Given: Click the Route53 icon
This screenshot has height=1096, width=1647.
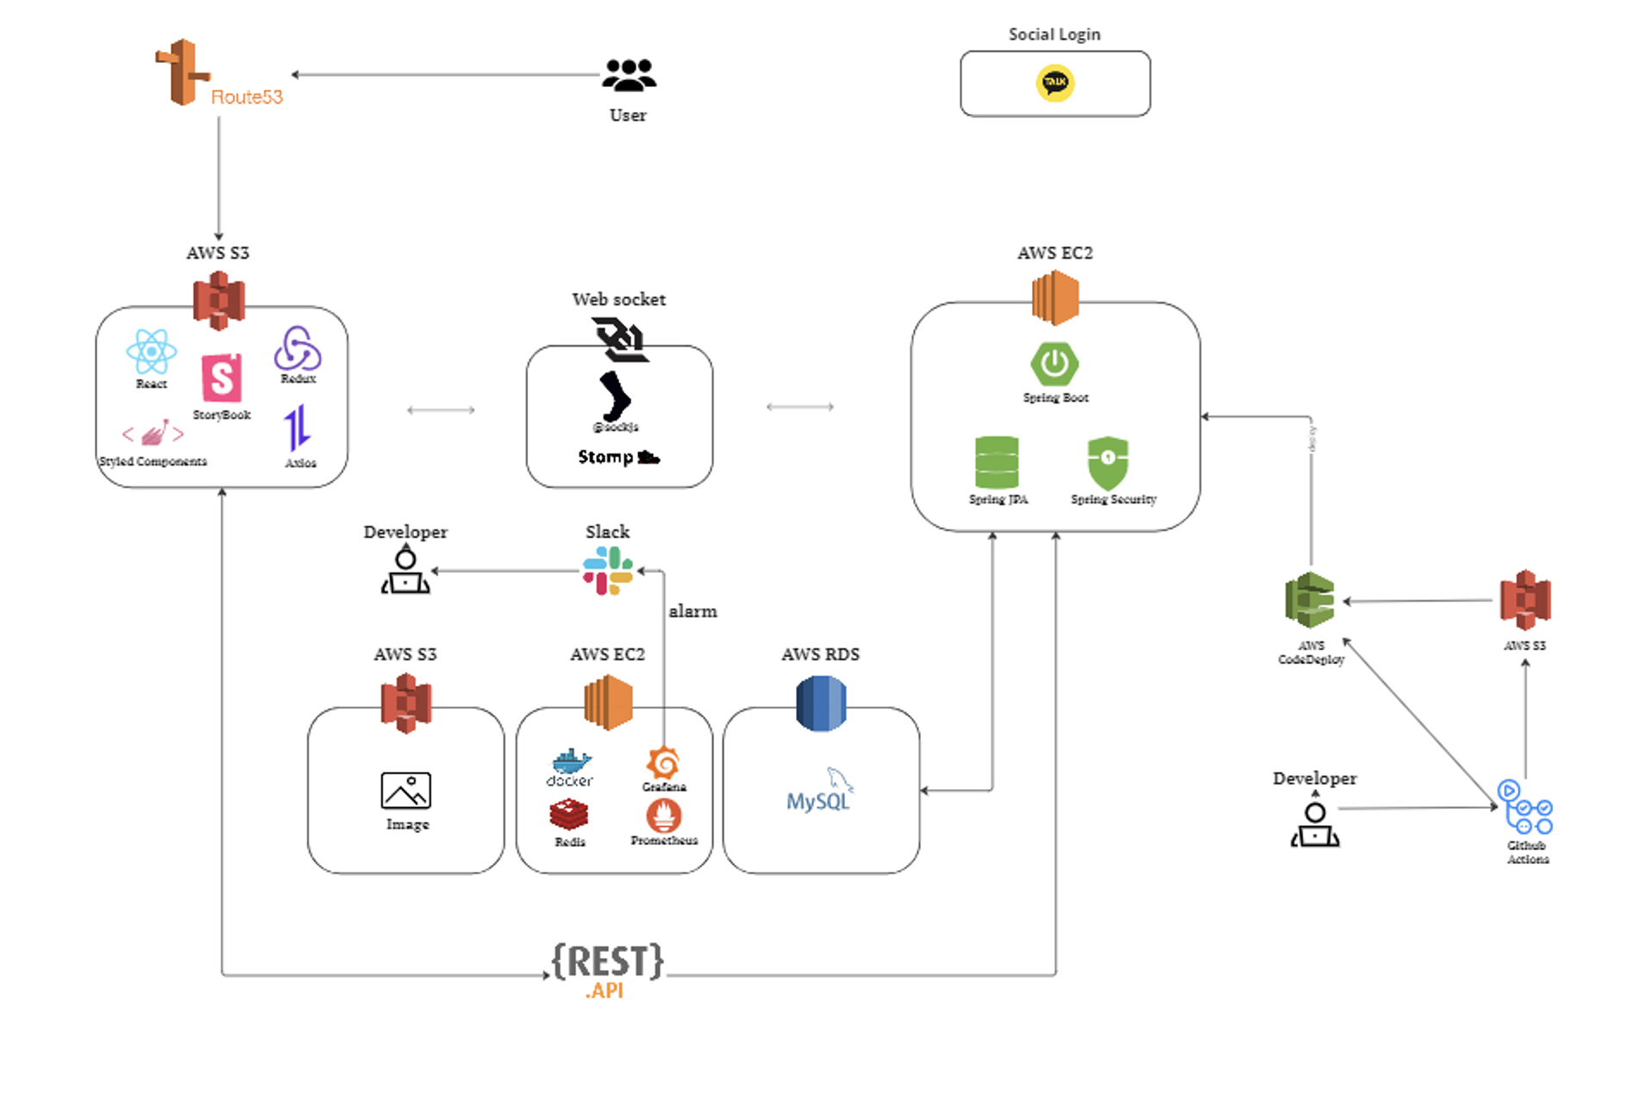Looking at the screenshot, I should pyautogui.click(x=183, y=72).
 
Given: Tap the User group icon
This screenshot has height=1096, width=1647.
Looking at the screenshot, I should pyautogui.click(x=629, y=76).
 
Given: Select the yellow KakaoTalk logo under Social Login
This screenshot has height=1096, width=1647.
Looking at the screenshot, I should pyautogui.click(x=1055, y=83).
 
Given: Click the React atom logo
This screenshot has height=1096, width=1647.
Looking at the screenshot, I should pyautogui.click(x=151, y=352).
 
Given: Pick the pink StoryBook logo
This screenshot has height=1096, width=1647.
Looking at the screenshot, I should pyautogui.click(x=222, y=379).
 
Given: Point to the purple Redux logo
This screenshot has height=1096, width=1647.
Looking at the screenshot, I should pyautogui.click(x=297, y=348).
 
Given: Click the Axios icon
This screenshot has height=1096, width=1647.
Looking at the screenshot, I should pyautogui.click(x=297, y=429).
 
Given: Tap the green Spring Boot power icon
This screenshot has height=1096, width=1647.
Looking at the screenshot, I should pyautogui.click(x=1055, y=364).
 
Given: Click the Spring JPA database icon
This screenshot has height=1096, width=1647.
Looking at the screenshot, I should pyautogui.click(x=997, y=463).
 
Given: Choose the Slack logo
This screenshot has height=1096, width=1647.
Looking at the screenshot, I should pyautogui.click(x=608, y=571).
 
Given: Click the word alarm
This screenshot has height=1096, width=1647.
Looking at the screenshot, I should pyautogui.click(x=692, y=611).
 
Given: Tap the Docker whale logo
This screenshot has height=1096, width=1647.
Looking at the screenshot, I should pyautogui.click(x=571, y=763).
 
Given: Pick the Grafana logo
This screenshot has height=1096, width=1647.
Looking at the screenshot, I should pyautogui.click(x=663, y=763).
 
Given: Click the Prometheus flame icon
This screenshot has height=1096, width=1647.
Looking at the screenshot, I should pyautogui.click(x=663, y=816).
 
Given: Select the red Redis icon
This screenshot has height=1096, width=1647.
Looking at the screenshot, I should pyautogui.click(x=569, y=815).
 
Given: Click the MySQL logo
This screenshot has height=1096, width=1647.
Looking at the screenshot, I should pyautogui.click(x=819, y=792).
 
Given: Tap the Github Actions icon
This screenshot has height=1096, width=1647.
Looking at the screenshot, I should pyautogui.click(x=1525, y=807).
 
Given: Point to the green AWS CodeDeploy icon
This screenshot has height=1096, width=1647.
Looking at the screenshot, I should pyautogui.click(x=1310, y=600).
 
